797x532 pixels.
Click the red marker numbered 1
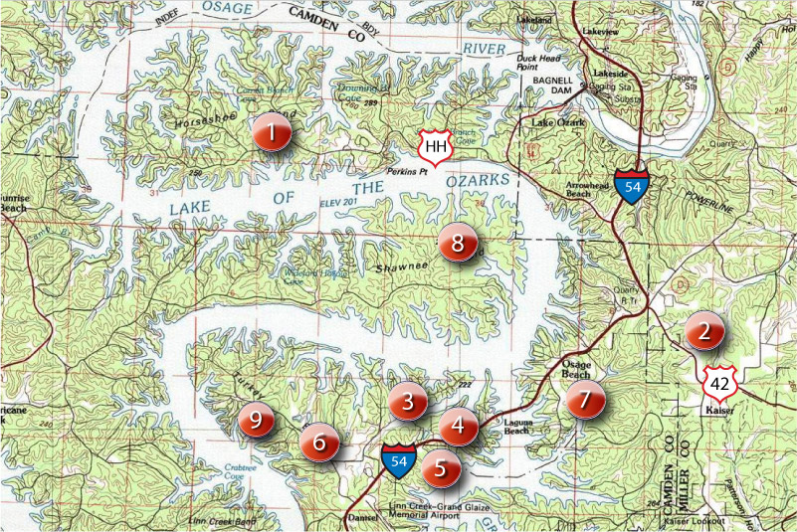(x=270, y=131)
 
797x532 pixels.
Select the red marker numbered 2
(x=703, y=332)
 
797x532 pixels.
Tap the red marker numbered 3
(x=408, y=402)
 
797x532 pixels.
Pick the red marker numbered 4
(x=458, y=427)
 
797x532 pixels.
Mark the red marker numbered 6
(x=319, y=442)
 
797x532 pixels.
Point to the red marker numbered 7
(x=585, y=401)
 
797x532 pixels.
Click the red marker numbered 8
(x=457, y=243)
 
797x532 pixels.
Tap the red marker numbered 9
(x=256, y=421)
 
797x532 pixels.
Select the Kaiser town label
(x=718, y=410)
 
